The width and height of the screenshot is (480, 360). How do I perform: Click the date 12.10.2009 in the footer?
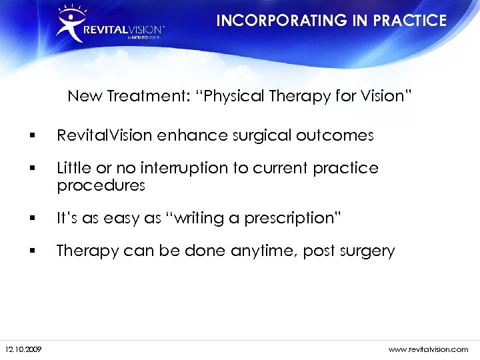coord(22,349)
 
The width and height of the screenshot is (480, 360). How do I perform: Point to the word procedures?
coord(101,185)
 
